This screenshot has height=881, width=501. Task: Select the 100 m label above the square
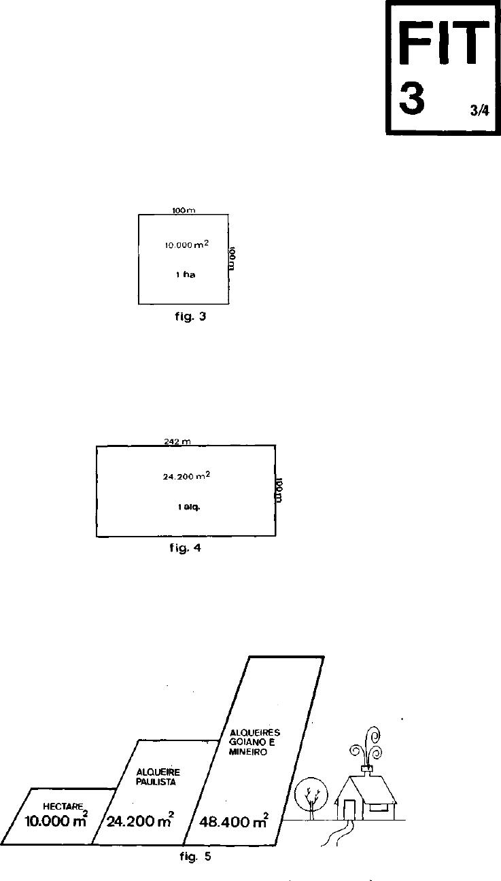[x=184, y=211]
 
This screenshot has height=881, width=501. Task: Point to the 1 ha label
[x=185, y=275]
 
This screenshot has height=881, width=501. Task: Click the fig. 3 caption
[x=188, y=316]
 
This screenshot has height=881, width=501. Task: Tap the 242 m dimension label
[x=176, y=442]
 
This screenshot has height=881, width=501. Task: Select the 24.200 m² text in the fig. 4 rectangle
[x=186, y=477]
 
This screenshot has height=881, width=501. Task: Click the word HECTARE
[x=63, y=806]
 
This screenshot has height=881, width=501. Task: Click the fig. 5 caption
[x=195, y=857]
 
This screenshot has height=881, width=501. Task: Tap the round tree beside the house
[x=311, y=795]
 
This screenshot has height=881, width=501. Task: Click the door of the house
[x=349, y=810]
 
